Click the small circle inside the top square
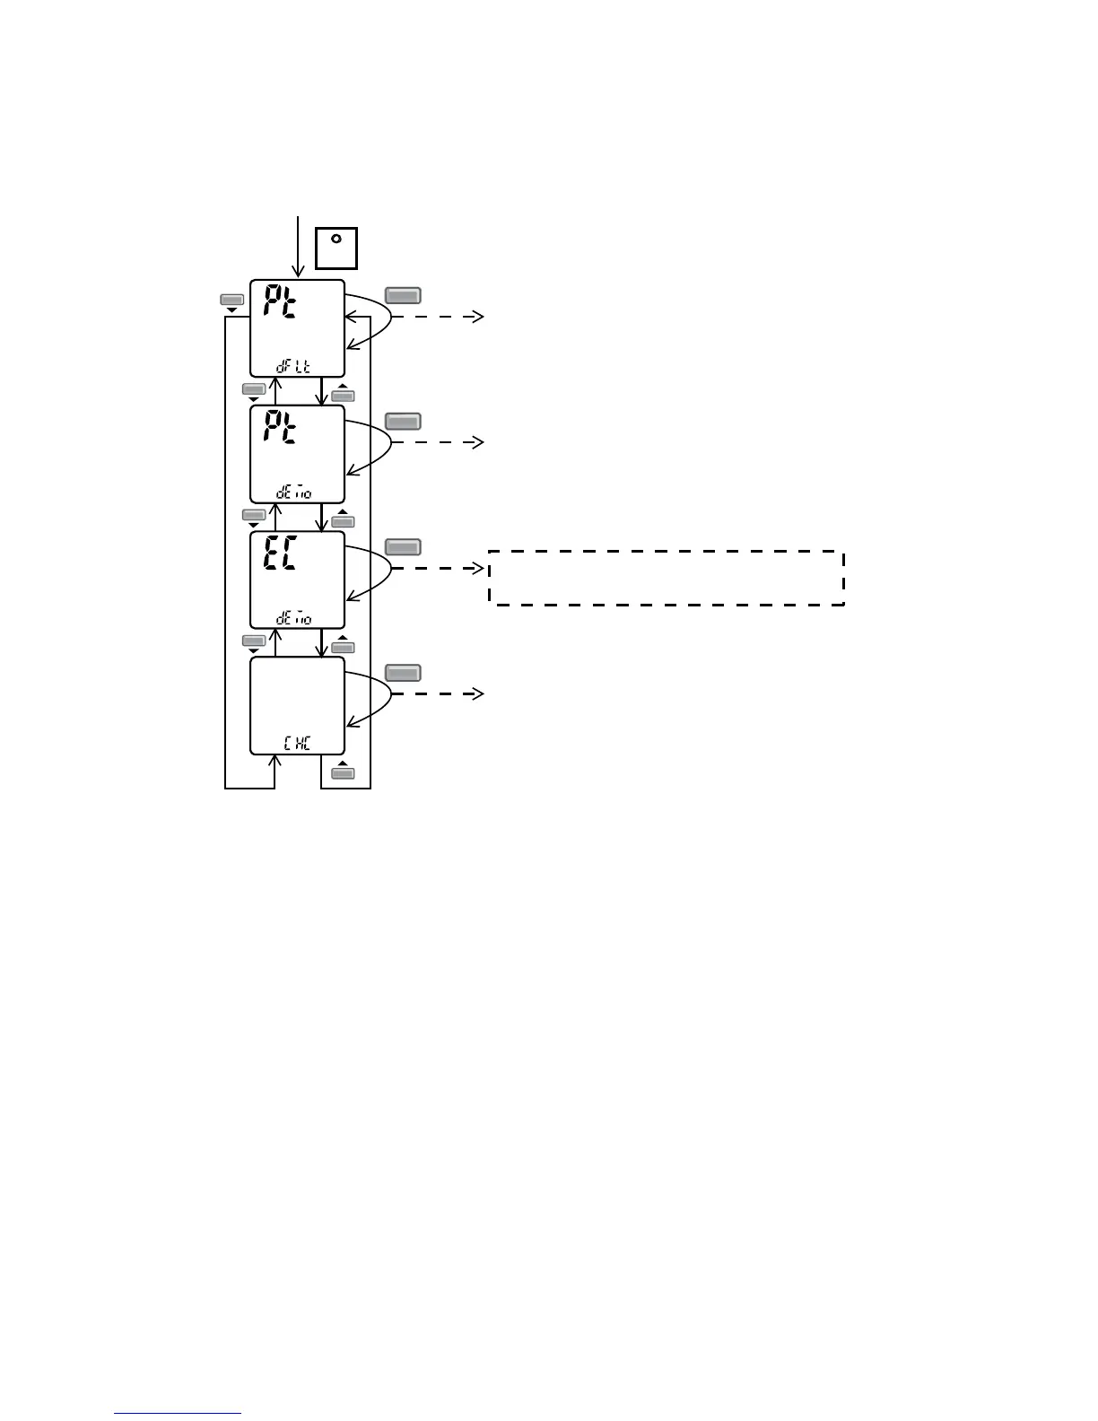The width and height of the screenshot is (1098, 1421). tap(336, 239)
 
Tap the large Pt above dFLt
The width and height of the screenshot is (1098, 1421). tap(281, 306)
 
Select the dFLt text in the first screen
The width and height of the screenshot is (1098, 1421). tap(294, 367)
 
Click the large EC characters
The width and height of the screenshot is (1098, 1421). tap(280, 557)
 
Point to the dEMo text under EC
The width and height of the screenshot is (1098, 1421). tap(294, 618)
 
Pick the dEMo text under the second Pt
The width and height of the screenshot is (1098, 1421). tap(294, 493)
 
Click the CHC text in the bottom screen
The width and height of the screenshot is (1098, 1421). tap(297, 744)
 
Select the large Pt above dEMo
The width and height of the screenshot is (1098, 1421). tap(281, 432)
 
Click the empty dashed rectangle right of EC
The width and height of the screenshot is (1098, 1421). tap(666, 578)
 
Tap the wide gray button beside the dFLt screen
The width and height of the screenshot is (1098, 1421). tap(403, 295)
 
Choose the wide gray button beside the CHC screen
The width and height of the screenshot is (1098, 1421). tap(403, 672)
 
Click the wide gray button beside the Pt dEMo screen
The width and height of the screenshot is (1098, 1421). tap(403, 421)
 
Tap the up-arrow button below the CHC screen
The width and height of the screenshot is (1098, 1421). tap(343, 772)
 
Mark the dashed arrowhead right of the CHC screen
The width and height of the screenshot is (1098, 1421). tap(478, 693)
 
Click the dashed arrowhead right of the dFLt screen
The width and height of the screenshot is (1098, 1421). tap(478, 317)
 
